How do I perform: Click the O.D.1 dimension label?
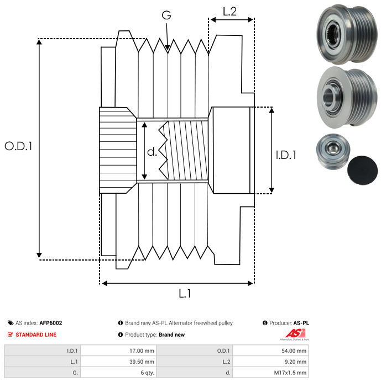(x=18, y=146)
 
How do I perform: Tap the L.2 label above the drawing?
(x=229, y=11)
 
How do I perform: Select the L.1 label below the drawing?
(x=185, y=294)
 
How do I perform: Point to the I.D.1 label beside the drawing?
(x=286, y=155)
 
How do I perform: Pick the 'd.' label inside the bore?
(x=152, y=152)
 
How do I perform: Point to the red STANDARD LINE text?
(x=36, y=335)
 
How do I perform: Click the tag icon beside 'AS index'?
(x=11, y=323)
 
